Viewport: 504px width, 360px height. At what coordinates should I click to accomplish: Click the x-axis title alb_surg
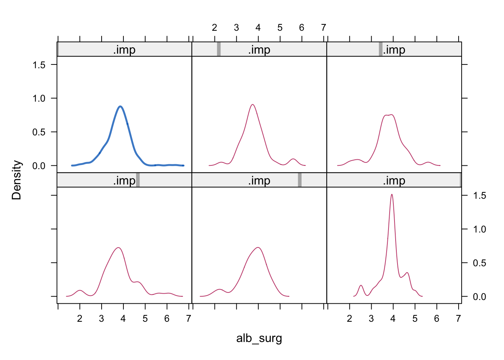[x=259, y=338]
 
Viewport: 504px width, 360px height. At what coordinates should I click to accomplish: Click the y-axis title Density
[x=17, y=180]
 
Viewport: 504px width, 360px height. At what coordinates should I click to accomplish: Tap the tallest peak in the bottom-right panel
[x=392, y=194]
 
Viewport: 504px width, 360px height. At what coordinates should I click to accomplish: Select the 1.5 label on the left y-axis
[x=39, y=65]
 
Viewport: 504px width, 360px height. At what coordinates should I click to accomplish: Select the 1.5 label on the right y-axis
[x=479, y=195]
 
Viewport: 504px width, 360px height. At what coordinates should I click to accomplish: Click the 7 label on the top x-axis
[x=324, y=27]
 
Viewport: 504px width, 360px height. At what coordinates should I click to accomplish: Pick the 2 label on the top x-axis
[x=214, y=27]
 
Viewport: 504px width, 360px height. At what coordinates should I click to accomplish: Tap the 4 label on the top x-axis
[x=258, y=27]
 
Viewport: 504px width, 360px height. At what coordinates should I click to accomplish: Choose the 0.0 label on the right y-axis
[x=479, y=297]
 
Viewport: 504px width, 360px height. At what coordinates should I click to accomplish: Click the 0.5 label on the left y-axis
[x=39, y=132]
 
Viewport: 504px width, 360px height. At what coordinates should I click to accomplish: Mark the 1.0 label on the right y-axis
[x=479, y=229]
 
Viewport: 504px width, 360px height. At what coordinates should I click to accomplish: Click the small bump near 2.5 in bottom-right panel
[x=361, y=286]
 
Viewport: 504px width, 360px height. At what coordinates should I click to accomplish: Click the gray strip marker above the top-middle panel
[x=219, y=49]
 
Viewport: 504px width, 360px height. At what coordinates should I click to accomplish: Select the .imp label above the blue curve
[x=124, y=49]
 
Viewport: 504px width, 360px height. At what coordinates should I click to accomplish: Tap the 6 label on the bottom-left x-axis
[x=167, y=319]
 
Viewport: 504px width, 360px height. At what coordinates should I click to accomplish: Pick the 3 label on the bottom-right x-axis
[x=371, y=319]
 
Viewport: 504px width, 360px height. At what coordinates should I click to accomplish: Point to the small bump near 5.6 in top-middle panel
[x=293, y=159]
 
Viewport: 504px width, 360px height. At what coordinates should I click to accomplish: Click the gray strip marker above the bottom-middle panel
[x=300, y=180]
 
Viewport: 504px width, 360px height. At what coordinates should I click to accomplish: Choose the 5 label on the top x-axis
[x=280, y=27]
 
